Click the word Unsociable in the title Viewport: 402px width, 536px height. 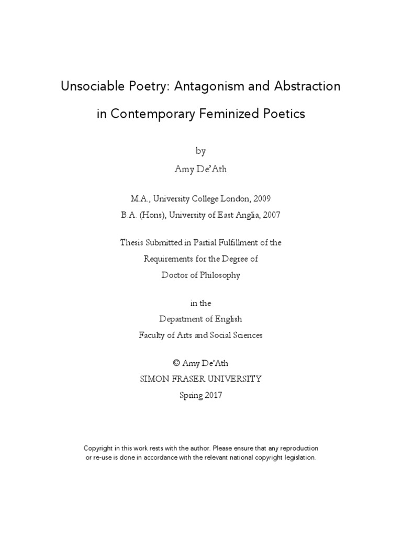[x=91, y=86]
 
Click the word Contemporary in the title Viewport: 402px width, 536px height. [x=157, y=114]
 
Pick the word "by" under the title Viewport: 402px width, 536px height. [x=201, y=151]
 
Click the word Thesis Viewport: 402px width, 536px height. [x=132, y=242]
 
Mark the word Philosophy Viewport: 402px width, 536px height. [x=218, y=275]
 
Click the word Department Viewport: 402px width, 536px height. [x=180, y=319]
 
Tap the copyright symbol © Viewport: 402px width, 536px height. [x=175, y=363]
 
